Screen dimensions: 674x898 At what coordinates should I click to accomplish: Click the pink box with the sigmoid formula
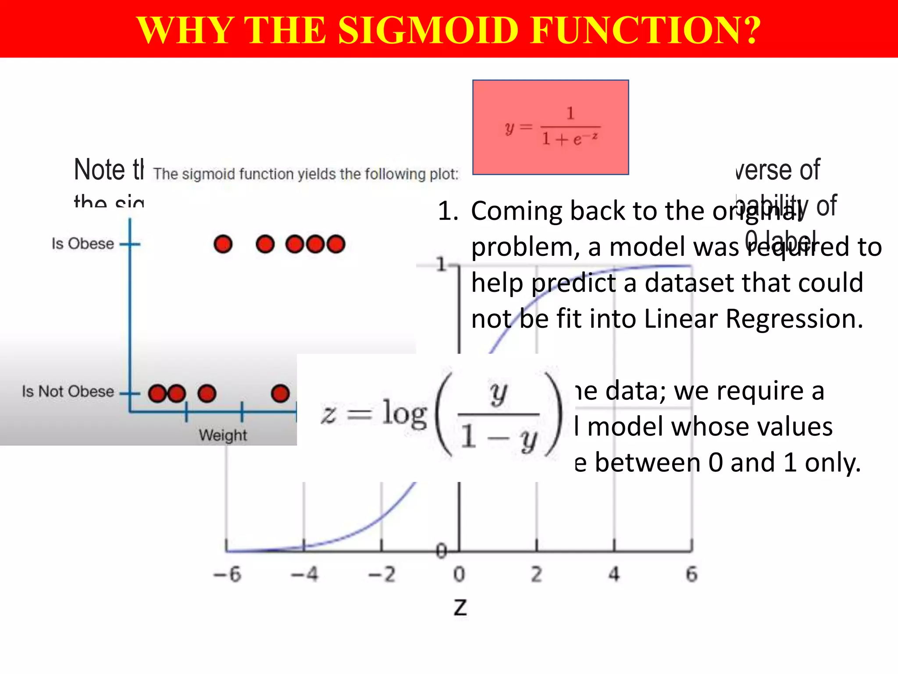(550, 127)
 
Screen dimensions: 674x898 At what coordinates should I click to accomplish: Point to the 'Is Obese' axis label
(82, 244)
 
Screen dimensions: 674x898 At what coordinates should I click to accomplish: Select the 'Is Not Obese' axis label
(68, 391)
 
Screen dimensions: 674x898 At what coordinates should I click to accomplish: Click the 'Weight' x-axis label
(223, 435)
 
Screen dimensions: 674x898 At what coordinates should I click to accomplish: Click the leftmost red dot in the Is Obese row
(223, 244)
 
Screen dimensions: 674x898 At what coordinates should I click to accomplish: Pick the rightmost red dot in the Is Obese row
(336, 244)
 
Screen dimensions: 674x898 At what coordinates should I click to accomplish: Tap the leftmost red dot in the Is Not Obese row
(157, 394)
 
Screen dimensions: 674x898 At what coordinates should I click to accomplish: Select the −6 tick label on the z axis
(227, 574)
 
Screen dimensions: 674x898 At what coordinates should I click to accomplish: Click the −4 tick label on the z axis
(305, 574)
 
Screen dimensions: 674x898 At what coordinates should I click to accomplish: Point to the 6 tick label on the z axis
(691, 574)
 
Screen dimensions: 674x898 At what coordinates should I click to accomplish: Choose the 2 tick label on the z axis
(537, 574)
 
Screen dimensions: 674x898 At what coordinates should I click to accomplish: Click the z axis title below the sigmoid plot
(460, 608)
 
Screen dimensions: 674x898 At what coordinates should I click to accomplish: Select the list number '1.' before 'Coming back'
(448, 211)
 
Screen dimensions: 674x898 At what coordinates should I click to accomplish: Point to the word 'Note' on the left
(100, 170)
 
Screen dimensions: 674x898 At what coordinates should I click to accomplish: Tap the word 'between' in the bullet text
(647, 462)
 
